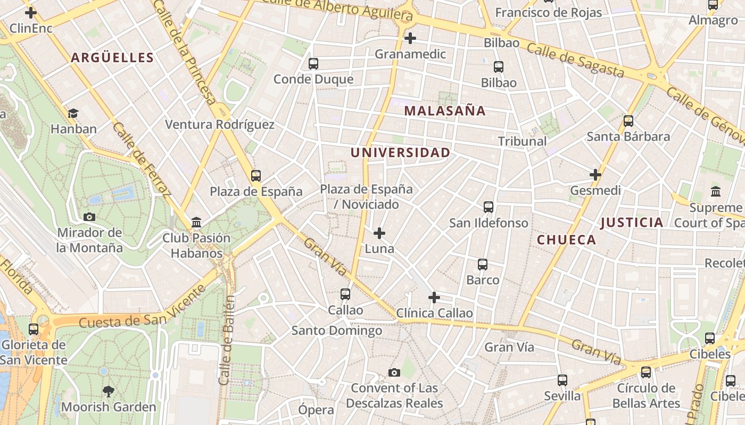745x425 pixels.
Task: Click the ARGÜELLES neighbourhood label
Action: point(112,58)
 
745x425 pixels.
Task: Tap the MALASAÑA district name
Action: point(445,111)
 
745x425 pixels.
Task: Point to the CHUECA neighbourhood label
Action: point(566,240)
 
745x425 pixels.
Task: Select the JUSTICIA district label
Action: point(632,223)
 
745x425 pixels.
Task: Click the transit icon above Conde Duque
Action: point(313,64)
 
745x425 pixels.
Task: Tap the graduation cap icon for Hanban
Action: point(73,113)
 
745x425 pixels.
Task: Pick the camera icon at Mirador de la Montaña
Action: point(89,217)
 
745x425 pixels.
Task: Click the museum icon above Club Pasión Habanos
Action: point(196,222)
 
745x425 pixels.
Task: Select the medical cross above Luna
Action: point(379,233)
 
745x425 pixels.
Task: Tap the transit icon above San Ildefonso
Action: point(489,207)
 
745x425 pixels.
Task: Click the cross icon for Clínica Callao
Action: point(434,297)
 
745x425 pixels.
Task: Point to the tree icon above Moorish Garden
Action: point(109,392)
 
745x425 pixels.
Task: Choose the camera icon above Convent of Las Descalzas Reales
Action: point(394,372)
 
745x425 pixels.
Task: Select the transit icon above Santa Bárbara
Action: point(628,121)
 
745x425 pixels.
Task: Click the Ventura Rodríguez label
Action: point(220,125)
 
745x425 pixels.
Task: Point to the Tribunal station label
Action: point(522,141)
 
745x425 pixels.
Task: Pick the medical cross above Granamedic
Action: point(410,38)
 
